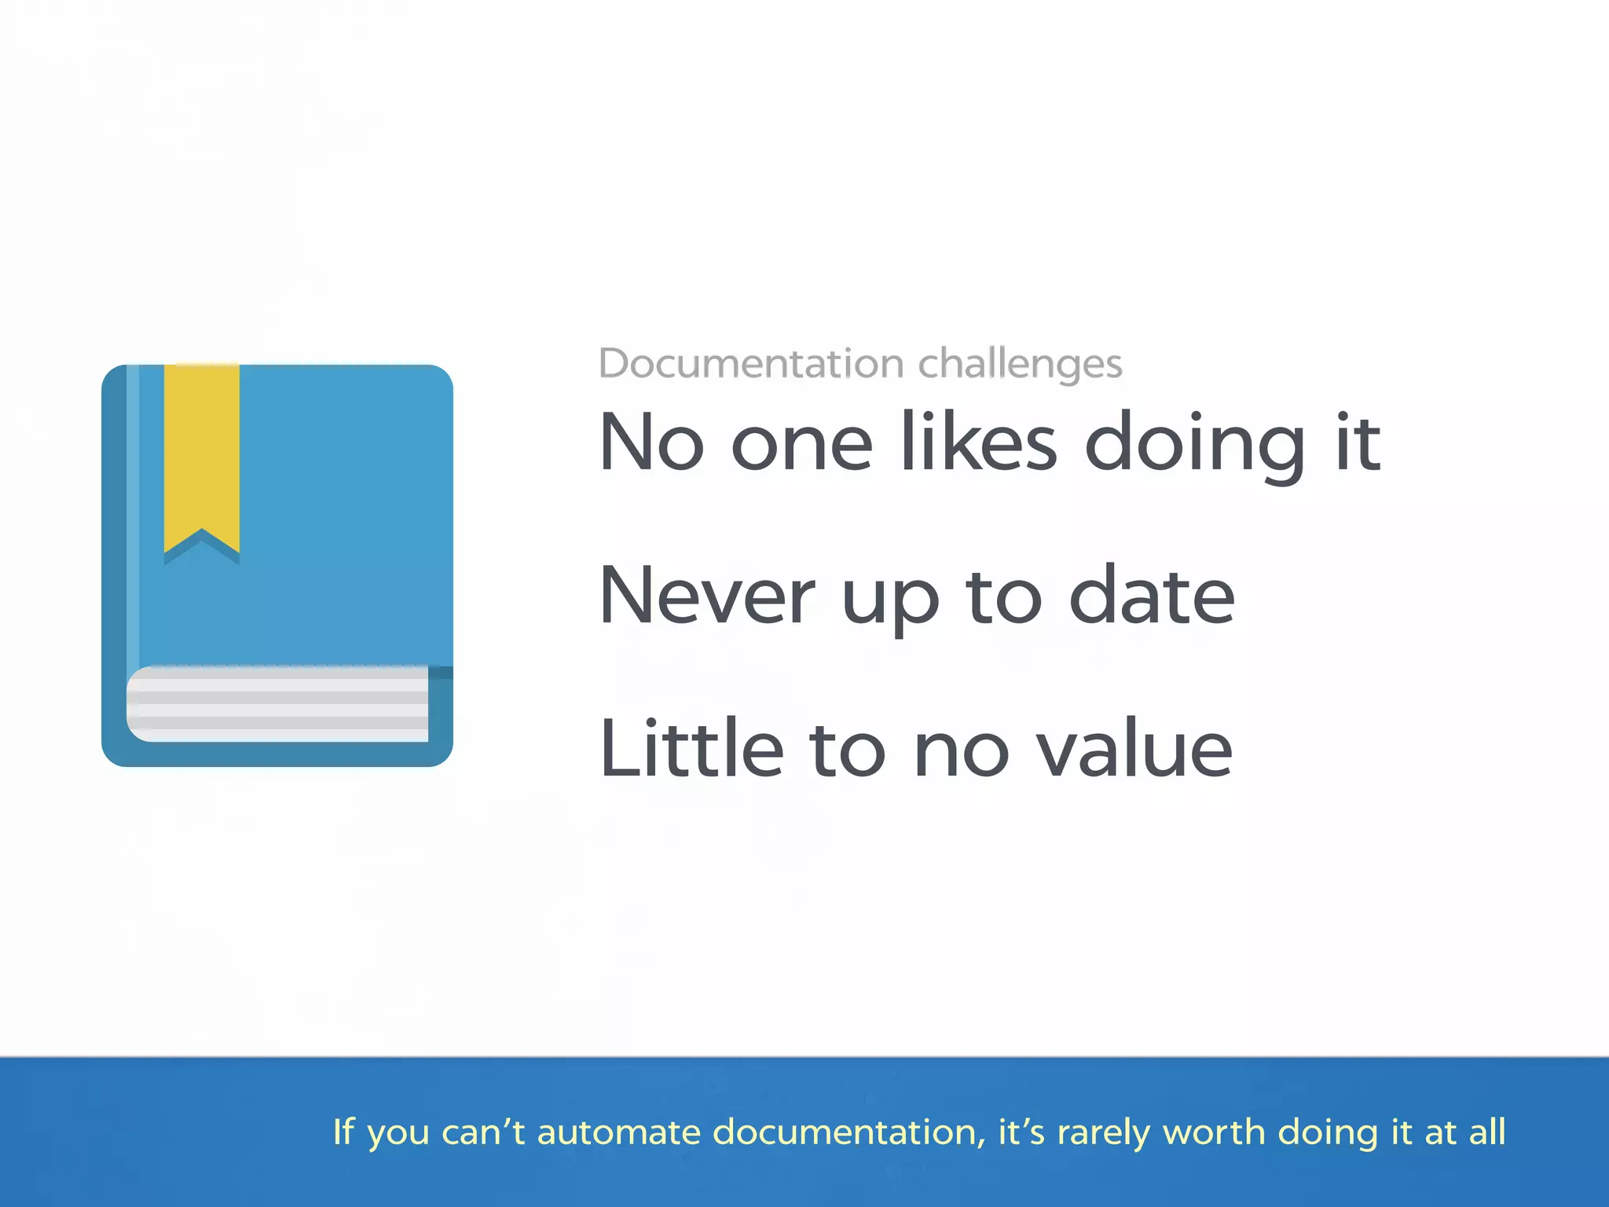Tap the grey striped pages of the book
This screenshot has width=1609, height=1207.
click(x=277, y=703)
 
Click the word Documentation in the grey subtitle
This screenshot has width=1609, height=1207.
click(x=751, y=364)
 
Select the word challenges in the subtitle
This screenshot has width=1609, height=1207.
click(x=1020, y=364)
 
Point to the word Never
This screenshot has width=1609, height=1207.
click(x=706, y=596)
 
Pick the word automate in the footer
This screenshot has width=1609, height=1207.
click(x=618, y=1132)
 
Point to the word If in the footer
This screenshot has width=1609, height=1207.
click(x=343, y=1132)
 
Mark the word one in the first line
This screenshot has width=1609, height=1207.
click(x=801, y=445)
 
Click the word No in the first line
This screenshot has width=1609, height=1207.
click(x=651, y=443)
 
